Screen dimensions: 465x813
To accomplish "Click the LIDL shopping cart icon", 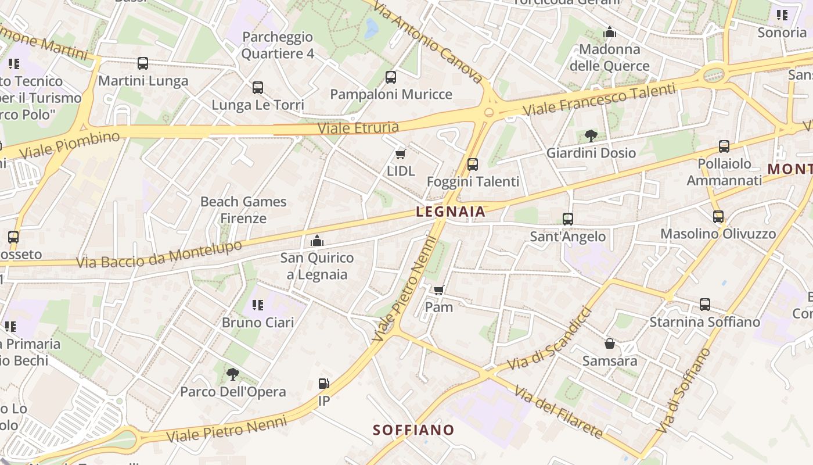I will [x=400, y=154].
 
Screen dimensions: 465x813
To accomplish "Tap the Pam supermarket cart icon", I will [x=439, y=290].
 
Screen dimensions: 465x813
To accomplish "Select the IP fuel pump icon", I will [x=324, y=384].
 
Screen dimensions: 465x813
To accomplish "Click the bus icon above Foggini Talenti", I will [x=473, y=164].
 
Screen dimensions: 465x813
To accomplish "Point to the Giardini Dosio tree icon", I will [x=591, y=136].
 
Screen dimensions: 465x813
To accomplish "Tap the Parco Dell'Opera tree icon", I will [x=233, y=374].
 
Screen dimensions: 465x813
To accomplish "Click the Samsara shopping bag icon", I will [x=610, y=344].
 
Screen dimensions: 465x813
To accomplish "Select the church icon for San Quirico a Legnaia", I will [x=317, y=240].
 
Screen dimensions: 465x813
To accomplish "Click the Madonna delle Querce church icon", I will [x=610, y=32].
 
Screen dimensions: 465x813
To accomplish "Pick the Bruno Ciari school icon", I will [x=258, y=305].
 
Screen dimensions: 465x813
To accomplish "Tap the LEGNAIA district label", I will [x=451, y=212].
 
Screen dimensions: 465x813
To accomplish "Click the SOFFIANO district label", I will [x=413, y=430].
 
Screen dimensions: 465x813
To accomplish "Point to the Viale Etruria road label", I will [x=358, y=128].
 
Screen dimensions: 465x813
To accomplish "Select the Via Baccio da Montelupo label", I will [x=159, y=255].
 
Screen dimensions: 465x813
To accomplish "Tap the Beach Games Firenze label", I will [x=243, y=210].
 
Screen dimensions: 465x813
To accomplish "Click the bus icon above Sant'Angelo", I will [x=568, y=219].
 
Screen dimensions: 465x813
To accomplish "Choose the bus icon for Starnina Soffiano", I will [x=705, y=305].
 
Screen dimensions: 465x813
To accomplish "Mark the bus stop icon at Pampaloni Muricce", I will [x=391, y=77].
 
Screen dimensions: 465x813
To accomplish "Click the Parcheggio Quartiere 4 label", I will [x=278, y=45].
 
